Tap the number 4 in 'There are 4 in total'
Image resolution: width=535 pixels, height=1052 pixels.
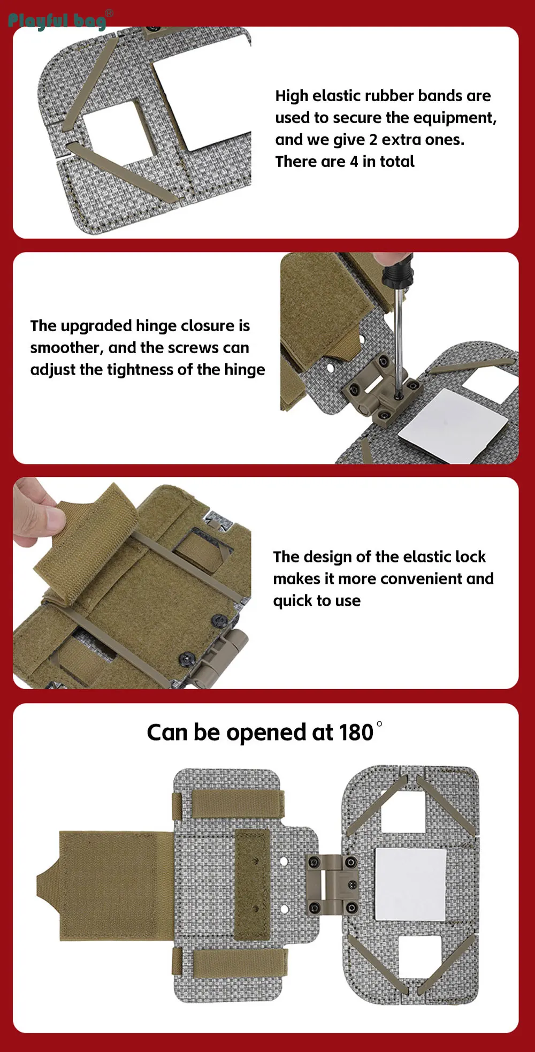(x=354, y=162)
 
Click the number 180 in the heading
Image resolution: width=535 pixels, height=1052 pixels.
(x=356, y=733)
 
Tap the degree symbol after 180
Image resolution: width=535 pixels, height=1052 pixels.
(x=379, y=724)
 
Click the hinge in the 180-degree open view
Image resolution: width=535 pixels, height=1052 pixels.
(x=333, y=885)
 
